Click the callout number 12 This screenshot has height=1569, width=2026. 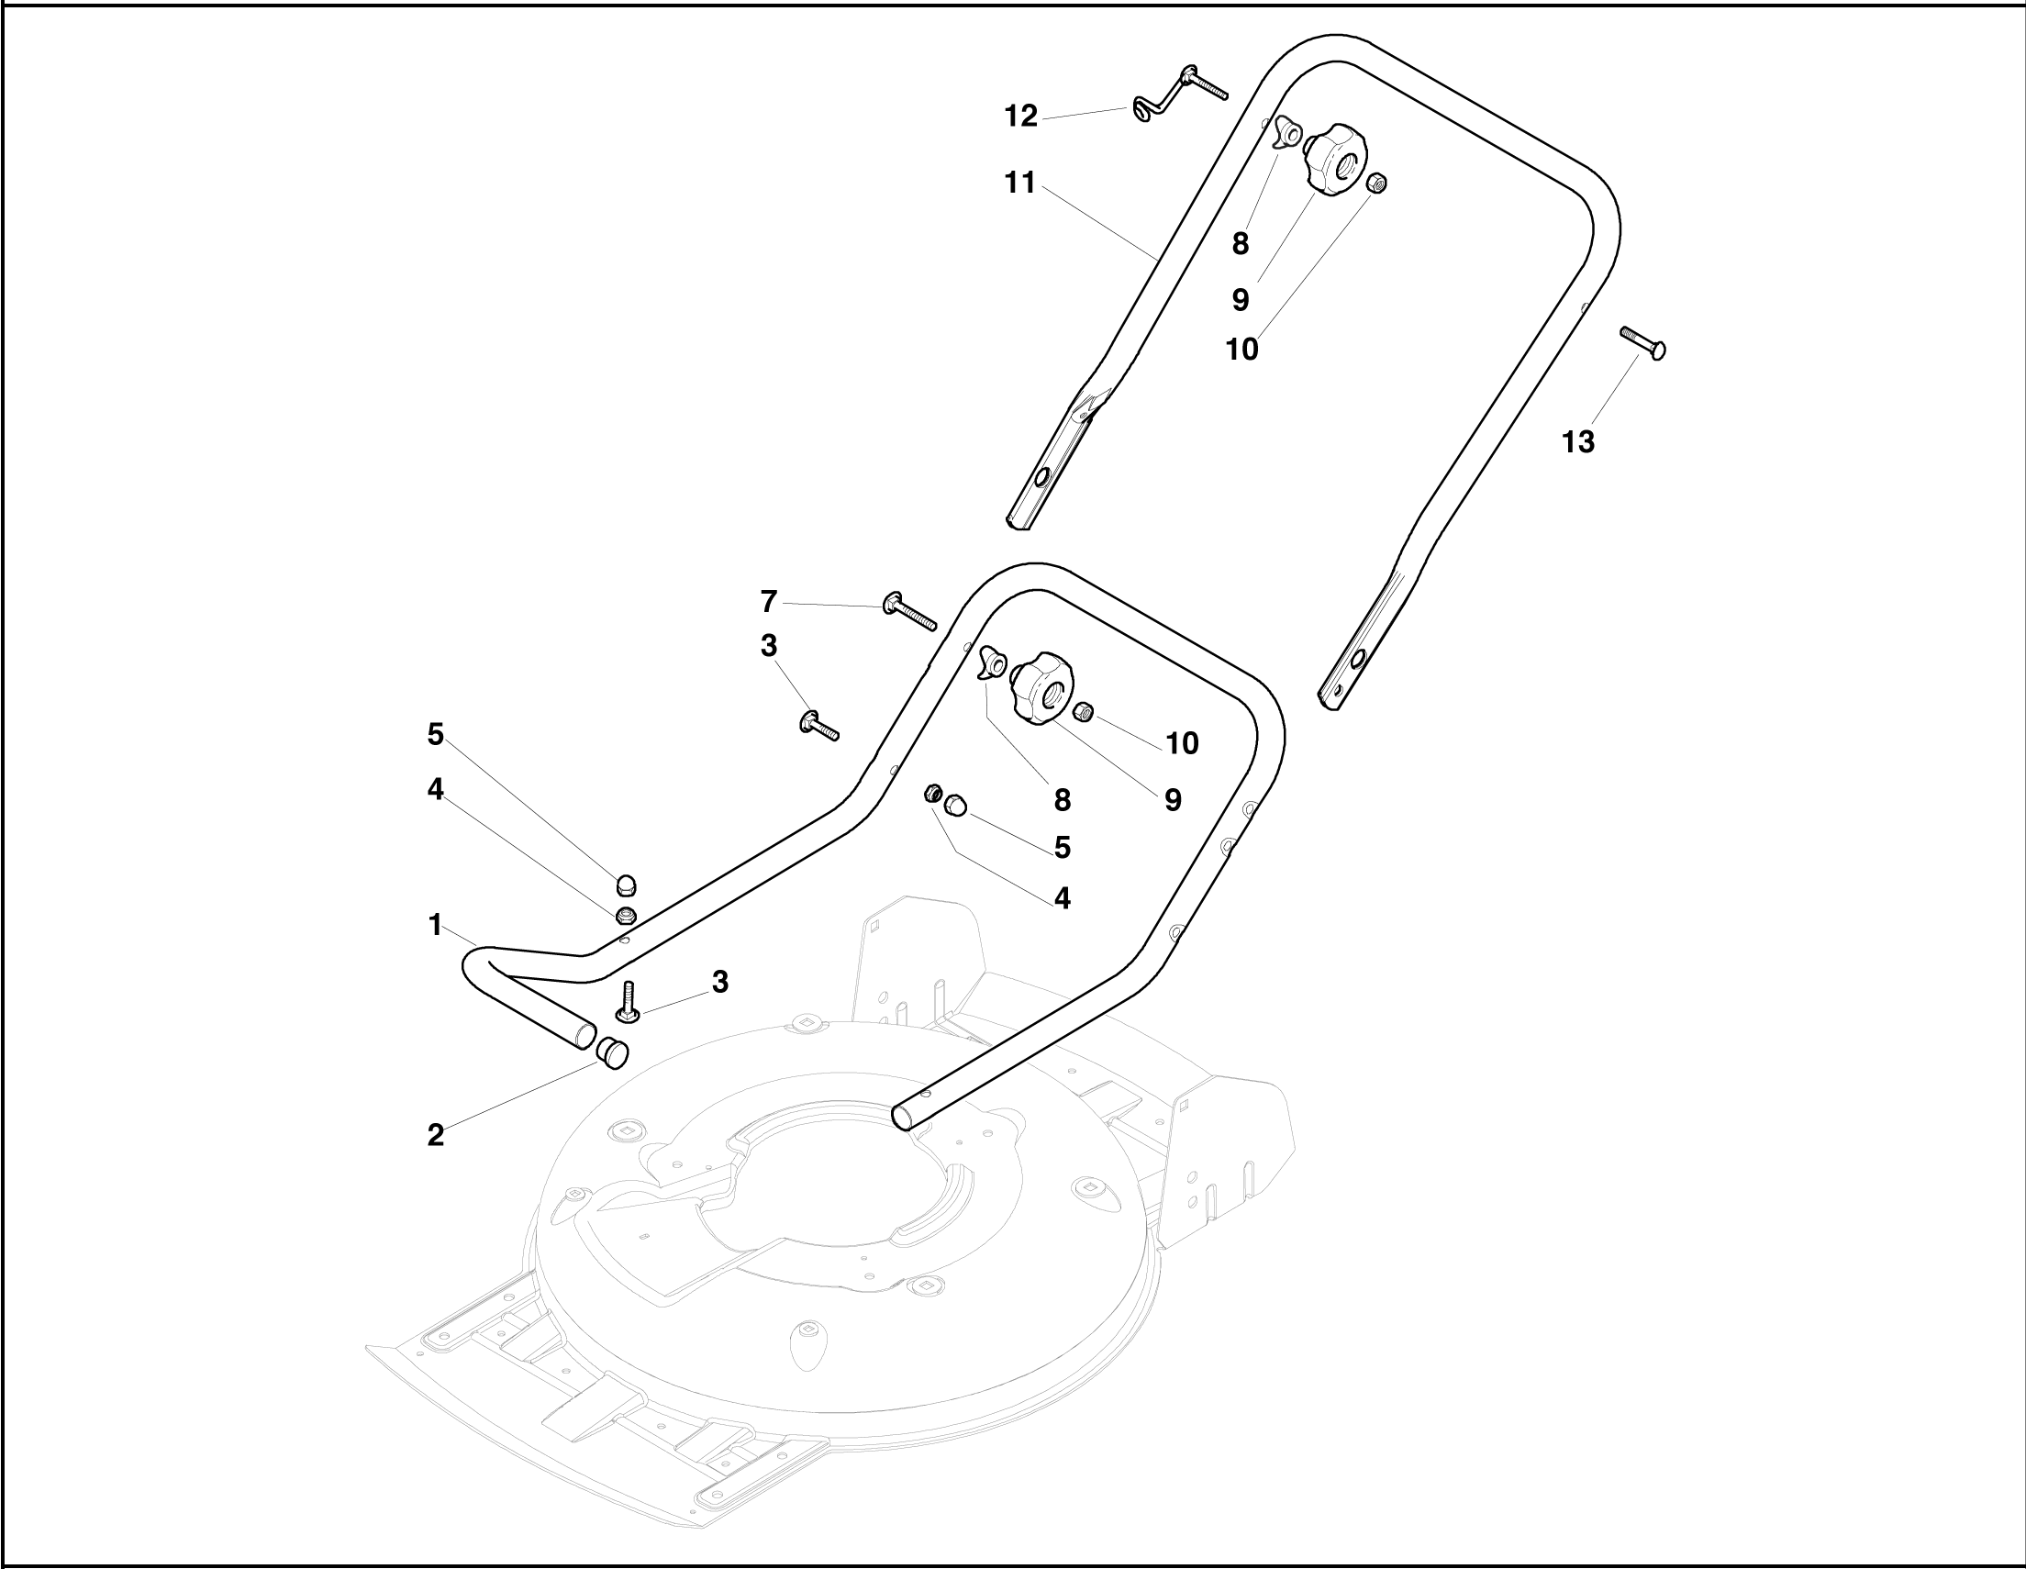pyautogui.click(x=1020, y=117)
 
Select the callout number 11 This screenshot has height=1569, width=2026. pyautogui.click(x=1019, y=184)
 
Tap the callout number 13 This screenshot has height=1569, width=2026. pyautogui.click(x=1578, y=442)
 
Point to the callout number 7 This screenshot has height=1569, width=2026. pyautogui.click(x=768, y=602)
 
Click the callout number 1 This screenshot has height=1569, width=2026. pyautogui.click(x=435, y=925)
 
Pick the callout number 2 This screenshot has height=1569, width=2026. pyautogui.click(x=435, y=1136)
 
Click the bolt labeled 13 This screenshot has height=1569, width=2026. pyautogui.click(x=1642, y=342)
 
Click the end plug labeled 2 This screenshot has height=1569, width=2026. pyautogui.click(x=611, y=1053)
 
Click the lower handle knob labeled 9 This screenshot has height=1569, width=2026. pyautogui.click(x=1042, y=688)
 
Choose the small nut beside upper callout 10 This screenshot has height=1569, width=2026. pyautogui.click(x=1377, y=183)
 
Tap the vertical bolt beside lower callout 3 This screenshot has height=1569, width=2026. pyautogui.click(x=628, y=1003)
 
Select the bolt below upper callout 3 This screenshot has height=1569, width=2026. pyautogui.click(x=818, y=725)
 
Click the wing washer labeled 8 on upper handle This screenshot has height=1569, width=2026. pyautogui.click(x=1286, y=133)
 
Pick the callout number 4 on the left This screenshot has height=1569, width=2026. pyautogui.click(x=435, y=790)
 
